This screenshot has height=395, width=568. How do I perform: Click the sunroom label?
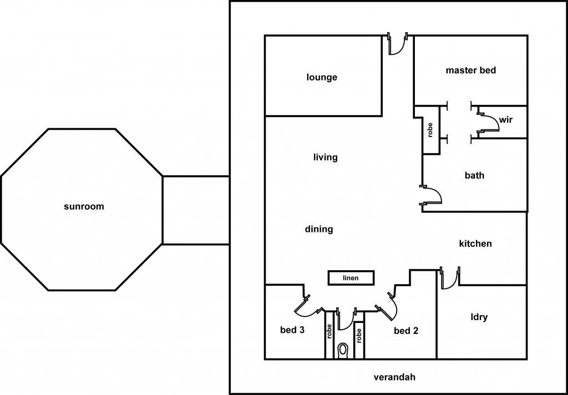pyautogui.click(x=84, y=207)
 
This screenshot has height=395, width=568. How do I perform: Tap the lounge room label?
pyautogui.click(x=322, y=78)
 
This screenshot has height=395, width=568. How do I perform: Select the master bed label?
pyautogui.click(x=470, y=70)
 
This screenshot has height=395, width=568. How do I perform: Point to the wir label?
pyautogui.click(x=505, y=120)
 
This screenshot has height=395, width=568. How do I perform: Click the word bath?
pyautogui.click(x=474, y=176)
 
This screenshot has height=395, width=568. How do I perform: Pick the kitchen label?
pyautogui.click(x=475, y=244)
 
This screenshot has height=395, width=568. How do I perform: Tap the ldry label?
pyautogui.click(x=479, y=317)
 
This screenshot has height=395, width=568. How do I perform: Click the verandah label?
pyautogui.click(x=394, y=377)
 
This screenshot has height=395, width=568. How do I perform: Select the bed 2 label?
pyautogui.click(x=406, y=331)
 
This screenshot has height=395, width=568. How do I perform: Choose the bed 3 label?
pyautogui.click(x=292, y=330)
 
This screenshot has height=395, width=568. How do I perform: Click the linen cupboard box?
pyautogui.click(x=351, y=278)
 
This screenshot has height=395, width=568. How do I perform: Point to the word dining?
pyautogui.click(x=319, y=229)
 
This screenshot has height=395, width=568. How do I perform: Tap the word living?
pyautogui.click(x=325, y=158)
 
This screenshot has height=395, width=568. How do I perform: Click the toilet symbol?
pyautogui.click(x=343, y=350)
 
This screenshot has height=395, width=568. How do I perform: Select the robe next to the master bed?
pyautogui.click(x=430, y=130)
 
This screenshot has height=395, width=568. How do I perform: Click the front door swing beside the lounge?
pyautogui.click(x=396, y=45)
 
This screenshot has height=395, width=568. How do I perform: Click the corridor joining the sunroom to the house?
pyautogui.click(x=196, y=210)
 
